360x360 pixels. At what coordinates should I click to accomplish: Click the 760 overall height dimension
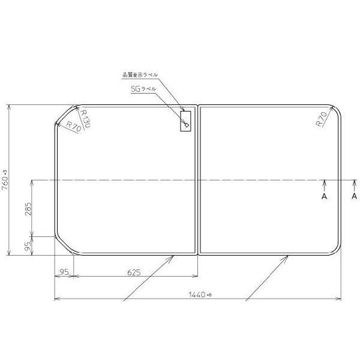tap(5, 178)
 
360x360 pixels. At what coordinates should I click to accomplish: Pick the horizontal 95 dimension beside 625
tap(65, 272)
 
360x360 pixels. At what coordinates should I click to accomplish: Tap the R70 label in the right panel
tap(322, 119)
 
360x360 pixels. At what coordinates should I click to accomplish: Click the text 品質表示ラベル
tap(140, 74)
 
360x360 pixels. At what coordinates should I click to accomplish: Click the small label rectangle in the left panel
tap(186, 120)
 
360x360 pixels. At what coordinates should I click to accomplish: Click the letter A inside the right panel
tap(324, 196)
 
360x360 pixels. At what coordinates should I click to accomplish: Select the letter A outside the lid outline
tap(354, 196)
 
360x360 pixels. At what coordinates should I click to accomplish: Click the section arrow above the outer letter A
tap(354, 183)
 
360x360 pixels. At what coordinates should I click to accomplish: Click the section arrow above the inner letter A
tap(324, 183)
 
